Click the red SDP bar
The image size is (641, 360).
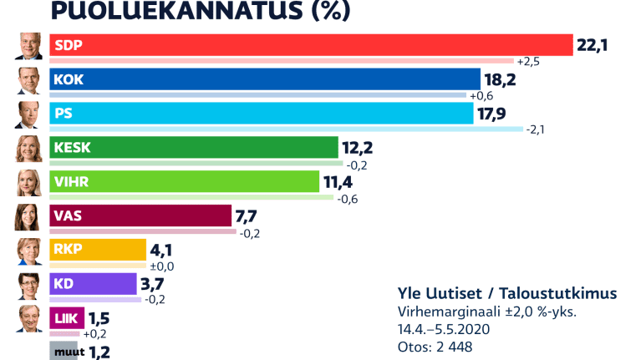click(x=310, y=45)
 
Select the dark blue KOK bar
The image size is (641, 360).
click(x=264, y=79)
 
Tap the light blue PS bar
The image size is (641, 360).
click(x=261, y=114)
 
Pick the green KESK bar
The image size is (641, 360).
click(x=193, y=148)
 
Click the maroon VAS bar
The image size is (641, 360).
click(x=140, y=216)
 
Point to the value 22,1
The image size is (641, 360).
click(x=591, y=45)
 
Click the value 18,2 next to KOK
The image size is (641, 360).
click(x=500, y=79)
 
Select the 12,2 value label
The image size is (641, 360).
click(x=358, y=148)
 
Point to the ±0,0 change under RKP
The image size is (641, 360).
click(x=160, y=266)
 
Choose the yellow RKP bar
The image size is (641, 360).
click(x=98, y=250)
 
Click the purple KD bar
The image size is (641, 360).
click(x=93, y=284)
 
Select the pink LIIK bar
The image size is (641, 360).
click(x=67, y=318)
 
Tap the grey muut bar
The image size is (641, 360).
click(x=64, y=351)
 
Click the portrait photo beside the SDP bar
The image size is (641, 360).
click(x=28, y=46)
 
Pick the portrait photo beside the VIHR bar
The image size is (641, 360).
click(x=28, y=182)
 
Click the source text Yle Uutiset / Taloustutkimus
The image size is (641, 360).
click(x=507, y=293)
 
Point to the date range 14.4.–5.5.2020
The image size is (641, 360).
click(x=444, y=329)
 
